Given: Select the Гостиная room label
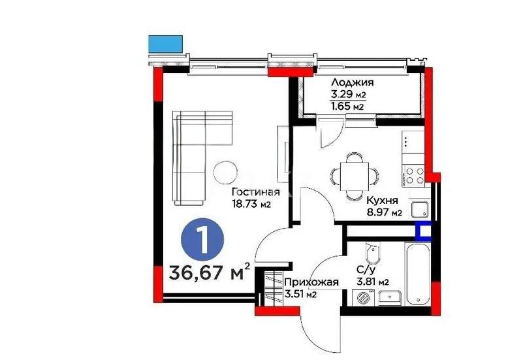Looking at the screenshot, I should pyautogui.click(x=256, y=193).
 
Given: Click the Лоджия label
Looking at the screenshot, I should pyautogui.click(x=352, y=82).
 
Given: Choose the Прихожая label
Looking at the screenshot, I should pyautogui.click(x=311, y=282).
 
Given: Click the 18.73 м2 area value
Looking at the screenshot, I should pyautogui.click(x=252, y=205).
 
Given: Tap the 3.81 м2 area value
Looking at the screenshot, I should pyautogui.click(x=373, y=282).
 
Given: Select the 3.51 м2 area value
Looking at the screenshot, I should pyautogui.click(x=301, y=294).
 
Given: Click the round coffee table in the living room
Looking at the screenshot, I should pyautogui.click(x=227, y=171).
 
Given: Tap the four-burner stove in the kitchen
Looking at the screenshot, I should pyautogui.click(x=414, y=174).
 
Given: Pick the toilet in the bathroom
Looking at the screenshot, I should pyautogui.click(x=373, y=252).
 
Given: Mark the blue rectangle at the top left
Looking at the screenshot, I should pyautogui.click(x=165, y=44).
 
